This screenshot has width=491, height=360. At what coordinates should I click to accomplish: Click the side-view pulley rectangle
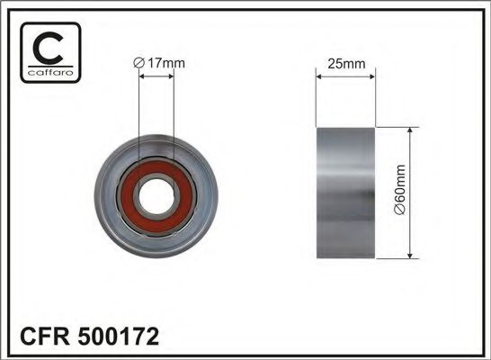[344, 193]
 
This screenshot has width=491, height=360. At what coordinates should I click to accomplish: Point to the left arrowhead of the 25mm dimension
[318, 76]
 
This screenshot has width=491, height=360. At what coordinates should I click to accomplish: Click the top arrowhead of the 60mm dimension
[411, 131]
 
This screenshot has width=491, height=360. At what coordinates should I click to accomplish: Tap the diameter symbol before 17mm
[137, 62]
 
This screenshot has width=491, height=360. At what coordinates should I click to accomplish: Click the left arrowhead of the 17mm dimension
[143, 76]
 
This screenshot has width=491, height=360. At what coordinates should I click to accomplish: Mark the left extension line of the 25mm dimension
[316, 99]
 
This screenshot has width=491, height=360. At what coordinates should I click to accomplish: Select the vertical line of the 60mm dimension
[411, 193]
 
